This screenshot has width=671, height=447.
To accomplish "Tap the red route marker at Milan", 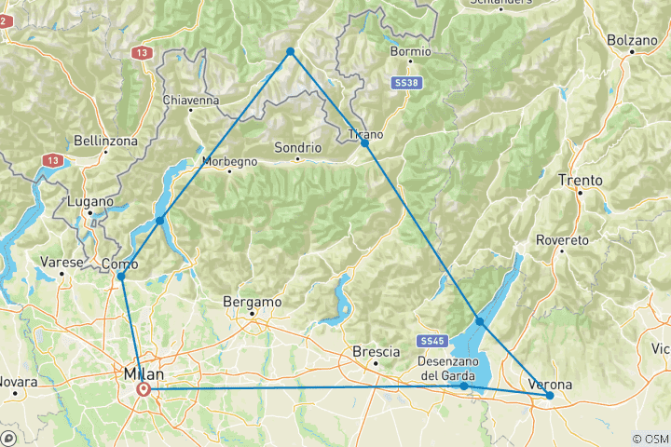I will pos(144,389).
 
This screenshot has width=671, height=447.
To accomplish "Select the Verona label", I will pos(550,384).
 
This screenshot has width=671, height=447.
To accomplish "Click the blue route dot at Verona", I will pos(550,396).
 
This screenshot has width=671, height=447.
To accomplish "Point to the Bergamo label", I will pos(253,303).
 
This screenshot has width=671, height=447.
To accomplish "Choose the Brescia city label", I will pos(377,352).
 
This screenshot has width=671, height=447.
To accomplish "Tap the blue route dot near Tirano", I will pos(365,142).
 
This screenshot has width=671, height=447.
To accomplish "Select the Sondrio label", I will pos(298,147).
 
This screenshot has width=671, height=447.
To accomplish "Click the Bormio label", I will pos(411,51).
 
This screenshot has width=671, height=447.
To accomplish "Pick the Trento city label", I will pos(580,180).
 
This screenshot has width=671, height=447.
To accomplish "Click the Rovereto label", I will pos(563,239).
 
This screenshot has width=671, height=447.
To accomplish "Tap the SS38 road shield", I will pos(403,84).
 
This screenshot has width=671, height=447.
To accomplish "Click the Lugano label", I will pos(90,201).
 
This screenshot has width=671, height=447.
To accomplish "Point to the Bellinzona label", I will pos(106,141).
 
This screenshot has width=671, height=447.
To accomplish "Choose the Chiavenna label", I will pos(190,100).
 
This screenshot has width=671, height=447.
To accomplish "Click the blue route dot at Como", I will pos(121,277).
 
